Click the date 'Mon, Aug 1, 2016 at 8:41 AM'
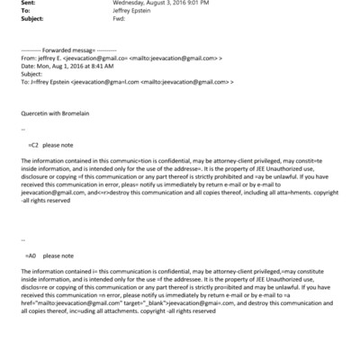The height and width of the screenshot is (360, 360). pyautogui.click(x=76, y=66)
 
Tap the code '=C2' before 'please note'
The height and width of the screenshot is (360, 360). pyautogui.click(x=33, y=144)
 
